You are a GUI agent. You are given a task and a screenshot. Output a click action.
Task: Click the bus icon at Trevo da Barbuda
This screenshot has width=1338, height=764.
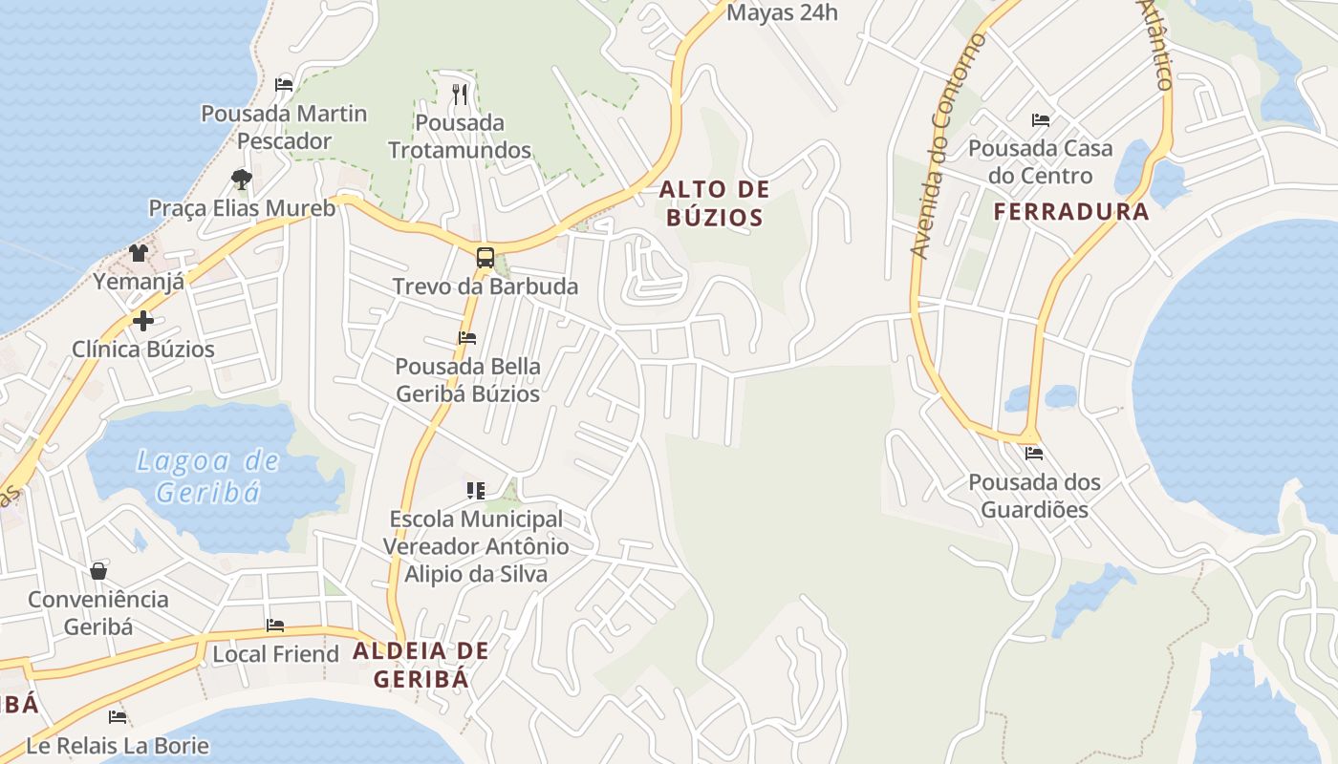tap(486, 257)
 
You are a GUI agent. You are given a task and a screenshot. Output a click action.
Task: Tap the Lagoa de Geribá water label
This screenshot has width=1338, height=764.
tap(208, 477)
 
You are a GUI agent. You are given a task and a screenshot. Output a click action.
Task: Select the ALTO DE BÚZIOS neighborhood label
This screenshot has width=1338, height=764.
tap(714, 203)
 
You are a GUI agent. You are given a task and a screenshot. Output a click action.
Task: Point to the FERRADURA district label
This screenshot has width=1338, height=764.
tap(1071, 212)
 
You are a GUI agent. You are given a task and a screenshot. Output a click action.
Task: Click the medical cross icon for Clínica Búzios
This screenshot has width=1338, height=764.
tap(142, 320)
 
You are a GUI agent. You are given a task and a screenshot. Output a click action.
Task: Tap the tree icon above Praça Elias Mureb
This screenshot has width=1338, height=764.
tap(242, 179)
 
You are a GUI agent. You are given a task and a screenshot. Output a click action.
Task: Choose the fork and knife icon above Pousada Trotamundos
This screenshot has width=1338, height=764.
tap(460, 94)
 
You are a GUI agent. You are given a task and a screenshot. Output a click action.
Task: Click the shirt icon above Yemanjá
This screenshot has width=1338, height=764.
tap(139, 252)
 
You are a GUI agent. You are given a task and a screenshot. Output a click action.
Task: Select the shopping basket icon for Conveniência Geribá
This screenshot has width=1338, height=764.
tap(98, 571)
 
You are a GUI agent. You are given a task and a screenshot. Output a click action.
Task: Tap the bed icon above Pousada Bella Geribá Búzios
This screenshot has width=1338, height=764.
tap(467, 337)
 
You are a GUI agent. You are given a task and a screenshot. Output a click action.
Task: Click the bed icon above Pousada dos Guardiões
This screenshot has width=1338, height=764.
tap(1033, 454)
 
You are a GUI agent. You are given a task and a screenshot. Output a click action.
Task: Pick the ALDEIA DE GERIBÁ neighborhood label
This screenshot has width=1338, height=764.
tap(421, 665)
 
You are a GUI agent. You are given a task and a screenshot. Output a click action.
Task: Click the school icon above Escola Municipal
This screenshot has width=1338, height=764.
tap(475, 491)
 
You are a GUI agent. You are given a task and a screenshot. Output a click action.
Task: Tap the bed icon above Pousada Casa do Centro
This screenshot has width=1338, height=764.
tap(1041, 120)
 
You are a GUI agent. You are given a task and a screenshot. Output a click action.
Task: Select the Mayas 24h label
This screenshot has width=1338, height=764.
tap(782, 12)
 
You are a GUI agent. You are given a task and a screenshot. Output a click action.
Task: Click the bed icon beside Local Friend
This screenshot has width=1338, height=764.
tap(275, 626)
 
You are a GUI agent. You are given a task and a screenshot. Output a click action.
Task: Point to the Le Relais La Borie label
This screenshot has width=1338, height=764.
tap(117, 745)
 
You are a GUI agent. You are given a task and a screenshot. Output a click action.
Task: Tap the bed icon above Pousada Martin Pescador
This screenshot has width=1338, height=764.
tap(284, 84)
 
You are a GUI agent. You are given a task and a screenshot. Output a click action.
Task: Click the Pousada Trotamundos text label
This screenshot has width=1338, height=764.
tap(460, 137)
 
